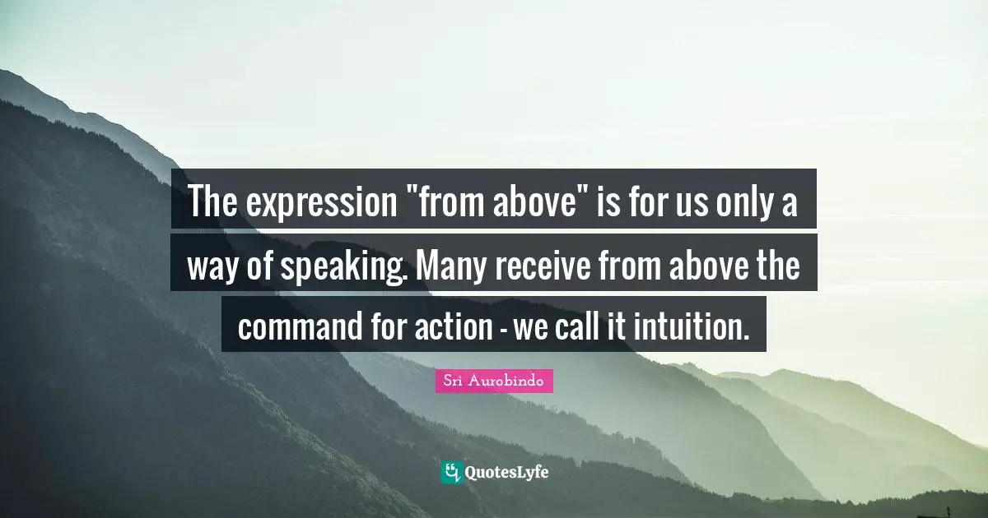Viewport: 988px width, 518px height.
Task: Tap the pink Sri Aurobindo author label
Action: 494,381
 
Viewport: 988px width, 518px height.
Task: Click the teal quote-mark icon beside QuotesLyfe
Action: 451,472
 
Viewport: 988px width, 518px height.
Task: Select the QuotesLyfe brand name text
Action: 506,473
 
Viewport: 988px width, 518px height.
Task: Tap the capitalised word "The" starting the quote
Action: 213,202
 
